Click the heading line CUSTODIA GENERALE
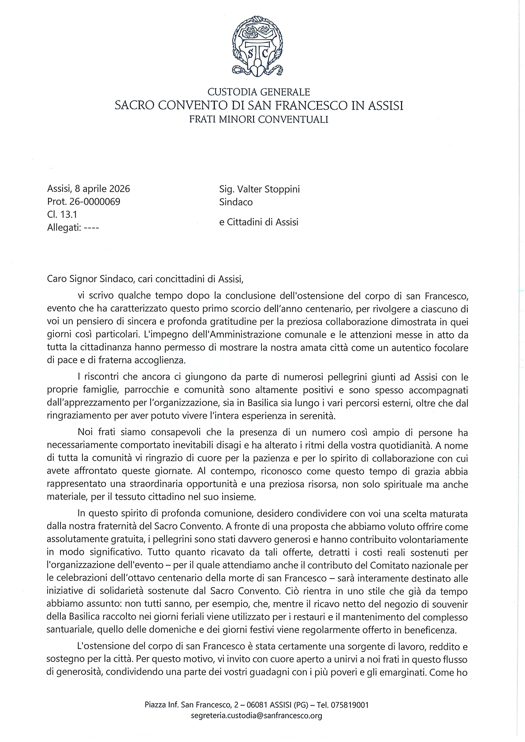(x=259, y=92)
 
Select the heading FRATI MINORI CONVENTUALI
(x=259, y=119)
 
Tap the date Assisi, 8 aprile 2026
(x=89, y=189)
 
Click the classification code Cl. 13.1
(x=62, y=215)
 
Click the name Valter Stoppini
(x=269, y=189)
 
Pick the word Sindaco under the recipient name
(x=236, y=202)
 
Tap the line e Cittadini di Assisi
(x=259, y=222)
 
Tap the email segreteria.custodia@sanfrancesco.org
(x=257, y=716)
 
